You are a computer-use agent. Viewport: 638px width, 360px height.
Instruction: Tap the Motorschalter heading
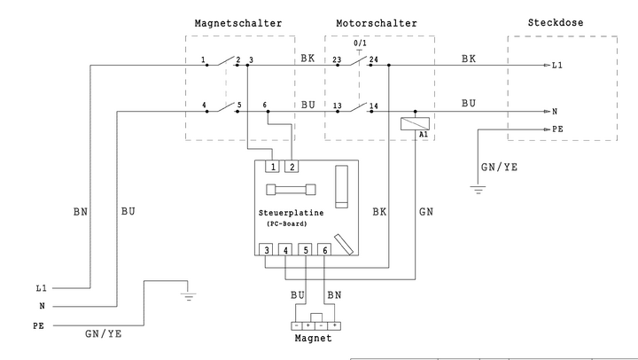coord(377,23)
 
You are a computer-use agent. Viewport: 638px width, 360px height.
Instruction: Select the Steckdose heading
coord(555,23)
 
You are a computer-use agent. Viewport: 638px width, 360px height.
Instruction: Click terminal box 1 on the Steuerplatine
coord(273,166)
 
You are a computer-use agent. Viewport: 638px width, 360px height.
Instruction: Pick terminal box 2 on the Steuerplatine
coord(292,166)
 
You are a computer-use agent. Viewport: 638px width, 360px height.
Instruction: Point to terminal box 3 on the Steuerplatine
coord(267,251)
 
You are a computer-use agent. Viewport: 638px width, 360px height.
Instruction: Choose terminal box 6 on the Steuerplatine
coord(324,251)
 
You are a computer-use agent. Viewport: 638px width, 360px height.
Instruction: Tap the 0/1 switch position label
coord(361,43)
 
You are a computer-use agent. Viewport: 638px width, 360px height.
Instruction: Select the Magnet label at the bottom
coord(313,339)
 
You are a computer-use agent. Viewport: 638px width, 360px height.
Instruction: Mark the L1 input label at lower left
coord(41,288)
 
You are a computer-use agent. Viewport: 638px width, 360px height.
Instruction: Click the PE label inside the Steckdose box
coord(557,129)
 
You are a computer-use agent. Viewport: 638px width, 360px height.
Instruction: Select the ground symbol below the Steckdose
coord(478,188)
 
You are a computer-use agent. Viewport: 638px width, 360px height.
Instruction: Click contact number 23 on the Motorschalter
coord(337,60)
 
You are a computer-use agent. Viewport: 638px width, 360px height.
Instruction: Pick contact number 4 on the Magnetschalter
coord(205,105)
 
